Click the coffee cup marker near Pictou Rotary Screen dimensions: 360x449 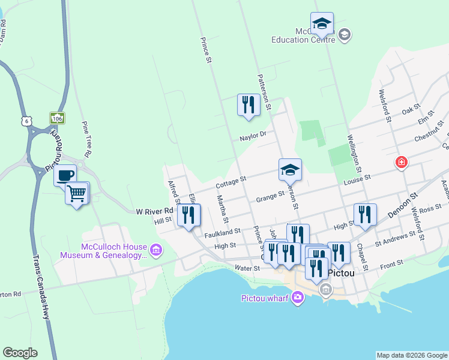coord(65,176)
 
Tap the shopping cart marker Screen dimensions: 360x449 coord(77,194)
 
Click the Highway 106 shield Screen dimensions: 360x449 coord(57,118)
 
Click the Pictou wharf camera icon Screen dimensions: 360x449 coord(298,297)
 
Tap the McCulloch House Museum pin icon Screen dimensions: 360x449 coord(156,249)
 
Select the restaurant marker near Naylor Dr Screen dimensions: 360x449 coord(248,106)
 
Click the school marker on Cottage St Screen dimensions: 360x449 coord(290,170)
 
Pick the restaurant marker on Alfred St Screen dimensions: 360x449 coord(189,215)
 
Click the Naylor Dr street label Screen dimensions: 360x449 coord(252,136)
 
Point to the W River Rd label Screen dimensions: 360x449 coord(154,211)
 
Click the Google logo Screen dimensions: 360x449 coord(20,353)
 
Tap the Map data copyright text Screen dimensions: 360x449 coord(412,355)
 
